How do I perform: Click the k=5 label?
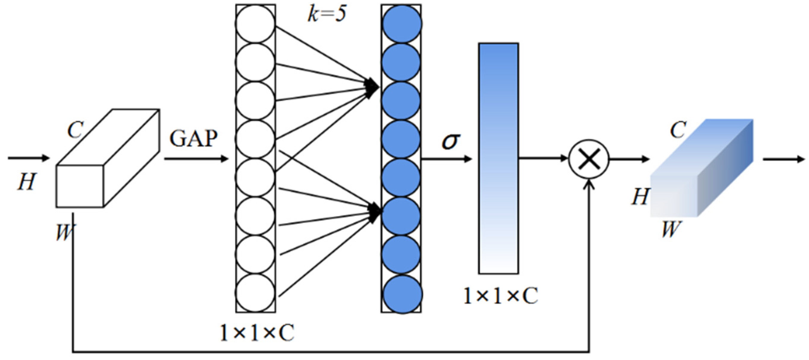(327, 14)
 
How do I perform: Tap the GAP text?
(194, 139)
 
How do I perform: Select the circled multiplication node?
(589, 159)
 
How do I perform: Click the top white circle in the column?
(255, 24)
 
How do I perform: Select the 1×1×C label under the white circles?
(257, 333)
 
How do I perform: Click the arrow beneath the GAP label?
(196, 159)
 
